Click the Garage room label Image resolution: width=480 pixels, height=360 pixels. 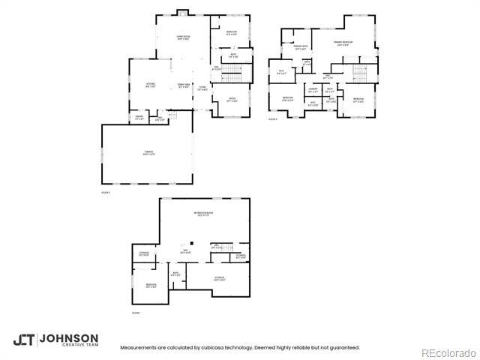click(x=148, y=153)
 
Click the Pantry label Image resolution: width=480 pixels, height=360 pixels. click(x=139, y=118)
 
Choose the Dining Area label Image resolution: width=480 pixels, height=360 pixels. click(x=182, y=85)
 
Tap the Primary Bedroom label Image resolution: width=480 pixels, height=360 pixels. click(x=344, y=43)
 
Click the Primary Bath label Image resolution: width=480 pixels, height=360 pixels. click(x=301, y=48)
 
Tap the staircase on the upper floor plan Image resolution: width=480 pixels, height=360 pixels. click(x=359, y=73)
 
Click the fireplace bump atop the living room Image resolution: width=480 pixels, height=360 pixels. click(x=182, y=12)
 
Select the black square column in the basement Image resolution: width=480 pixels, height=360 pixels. click(x=190, y=243)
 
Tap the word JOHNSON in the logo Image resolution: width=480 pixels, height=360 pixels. click(x=68, y=337)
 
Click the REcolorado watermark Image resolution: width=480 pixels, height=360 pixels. click(x=448, y=352)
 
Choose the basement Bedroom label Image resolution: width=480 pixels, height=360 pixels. click(x=151, y=285)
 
